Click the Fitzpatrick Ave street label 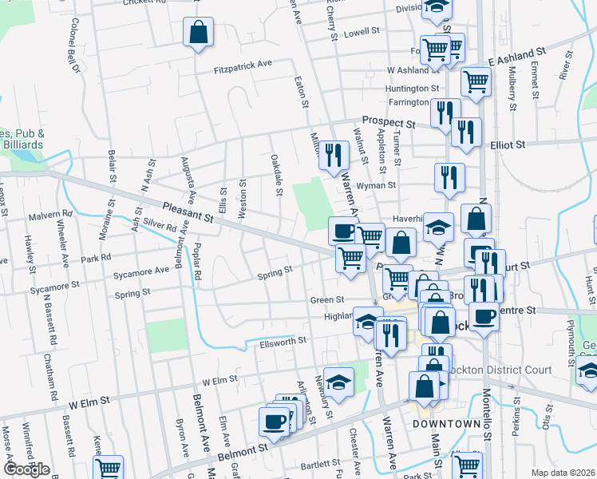pyautogui.click(x=243, y=69)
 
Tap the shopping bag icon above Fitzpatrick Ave pyautogui.click(x=198, y=34)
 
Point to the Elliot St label pyautogui.click(x=508, y=145)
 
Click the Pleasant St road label pyautogui.click(x=188, y=212)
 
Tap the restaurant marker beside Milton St pyautogui.click(x=334, y=156)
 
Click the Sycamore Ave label pyautogui.click(x=141, y=271)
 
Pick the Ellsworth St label pyautogui.click(x=283, y=342)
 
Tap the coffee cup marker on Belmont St pyautogui.click(x=275, y=422)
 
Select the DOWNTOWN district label pyautogui.click(x=445, y=423)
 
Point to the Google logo pyautogui.click(x=26, y=469)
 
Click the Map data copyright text pyautogui.click(x=563, y=473)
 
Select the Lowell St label pyautogui.click(x=361, y=34)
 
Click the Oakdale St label pyautogui.click(x=276, y=175)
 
